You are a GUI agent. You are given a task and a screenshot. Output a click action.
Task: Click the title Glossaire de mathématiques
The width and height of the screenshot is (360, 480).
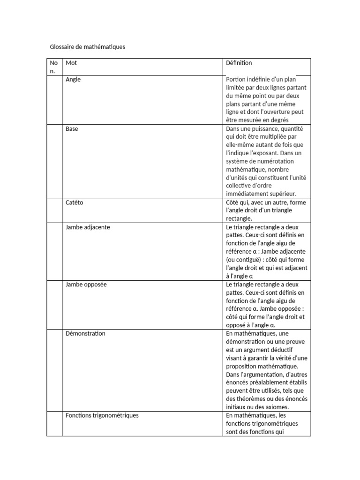click(x=88, y=47)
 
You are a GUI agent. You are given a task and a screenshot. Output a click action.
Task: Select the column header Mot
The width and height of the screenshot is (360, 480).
click(x=71, y=63)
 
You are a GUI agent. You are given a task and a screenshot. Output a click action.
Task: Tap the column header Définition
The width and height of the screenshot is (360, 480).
click(x=239, y=63)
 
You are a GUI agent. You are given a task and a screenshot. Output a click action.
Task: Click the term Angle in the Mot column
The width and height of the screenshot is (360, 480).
click(x=73, y=80)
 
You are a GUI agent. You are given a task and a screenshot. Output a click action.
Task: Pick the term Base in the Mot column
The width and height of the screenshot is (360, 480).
click(x=72, y=129)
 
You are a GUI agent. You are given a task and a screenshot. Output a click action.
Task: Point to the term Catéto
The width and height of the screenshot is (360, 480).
click(x=75, y=202)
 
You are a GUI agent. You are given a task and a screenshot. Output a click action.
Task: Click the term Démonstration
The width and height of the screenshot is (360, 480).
click(x=86, y=333)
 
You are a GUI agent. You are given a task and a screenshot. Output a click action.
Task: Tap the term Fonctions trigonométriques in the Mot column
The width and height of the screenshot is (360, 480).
click(x=102, y=415)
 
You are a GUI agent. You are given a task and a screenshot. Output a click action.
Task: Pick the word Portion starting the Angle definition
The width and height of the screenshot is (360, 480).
click(x=236, y=80)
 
